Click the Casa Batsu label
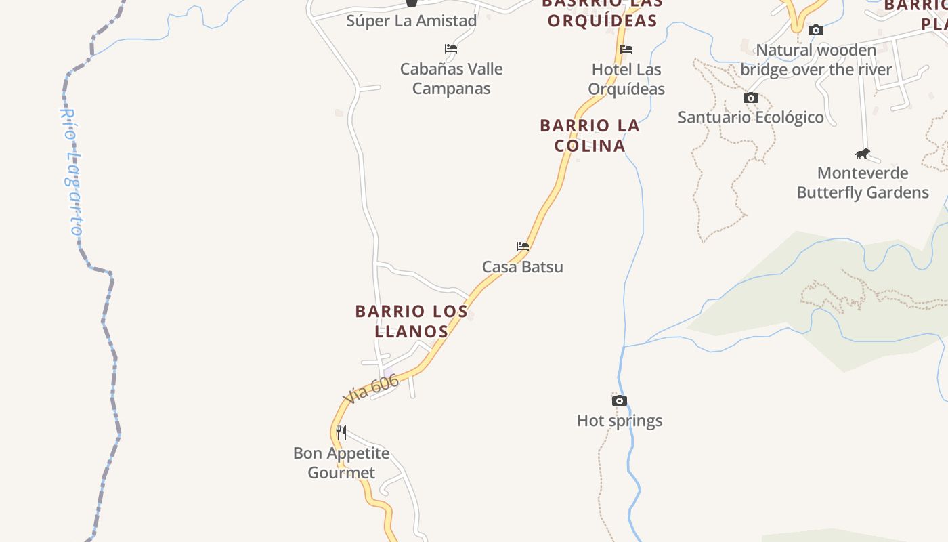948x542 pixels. coord(522,266)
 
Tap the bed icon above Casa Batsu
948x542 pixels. coord(522,247)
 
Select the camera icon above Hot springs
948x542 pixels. coord(619,400)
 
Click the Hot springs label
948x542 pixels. coord(620,421)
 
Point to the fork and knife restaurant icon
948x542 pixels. coord(342,432)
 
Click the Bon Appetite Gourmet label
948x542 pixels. coord(341,463)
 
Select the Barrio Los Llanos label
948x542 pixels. coord(412,321)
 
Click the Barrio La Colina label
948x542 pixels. coord(590,135)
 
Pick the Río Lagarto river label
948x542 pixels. coord(72,173)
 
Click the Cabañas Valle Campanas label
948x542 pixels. coord(451,79)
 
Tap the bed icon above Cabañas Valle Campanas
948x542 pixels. coord(451,49)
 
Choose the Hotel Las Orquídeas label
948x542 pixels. coord(626,79)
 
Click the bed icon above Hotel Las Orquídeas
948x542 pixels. coord(626,49)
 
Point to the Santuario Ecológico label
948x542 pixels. coord(751,117)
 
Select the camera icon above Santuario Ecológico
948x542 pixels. coord(751,98)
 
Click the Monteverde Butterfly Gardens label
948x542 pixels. coord(863,183)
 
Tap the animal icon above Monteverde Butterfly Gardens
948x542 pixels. coord(863,153)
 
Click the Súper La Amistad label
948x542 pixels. coord(412,20)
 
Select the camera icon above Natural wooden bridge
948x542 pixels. coord(816,30)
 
